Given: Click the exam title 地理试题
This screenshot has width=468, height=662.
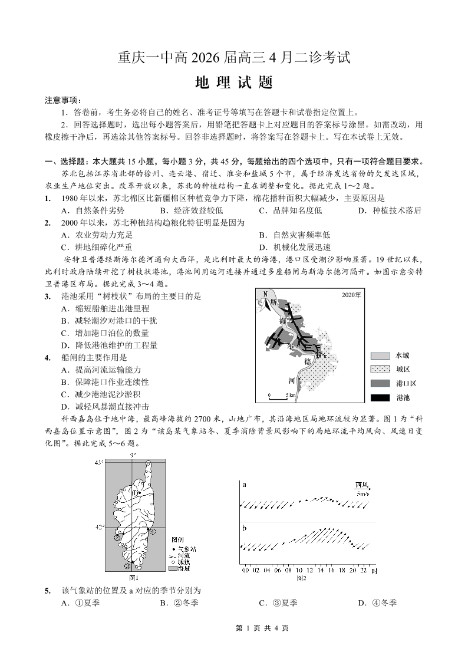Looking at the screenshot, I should click(x=234, y=83).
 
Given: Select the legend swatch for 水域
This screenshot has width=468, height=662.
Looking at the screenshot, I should click(x=380, y=356).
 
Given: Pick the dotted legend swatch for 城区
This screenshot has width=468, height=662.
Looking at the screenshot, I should click(x=380, y=370).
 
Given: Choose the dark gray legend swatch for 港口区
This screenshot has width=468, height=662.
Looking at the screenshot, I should click(x=380, y=384).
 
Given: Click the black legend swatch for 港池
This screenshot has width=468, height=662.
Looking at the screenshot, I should click(x=380, y=398).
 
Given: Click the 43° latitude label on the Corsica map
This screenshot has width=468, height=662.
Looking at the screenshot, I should click(x=98, y=463).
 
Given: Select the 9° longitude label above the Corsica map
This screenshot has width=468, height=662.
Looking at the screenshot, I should click(x=133, y=455).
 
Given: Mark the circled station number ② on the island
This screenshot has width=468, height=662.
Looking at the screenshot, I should click(x=118, y=537).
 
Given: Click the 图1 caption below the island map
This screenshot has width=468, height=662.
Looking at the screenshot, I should click(x=133, y=578).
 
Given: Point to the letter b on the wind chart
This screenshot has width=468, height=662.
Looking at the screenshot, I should click(x=243, y=528).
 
